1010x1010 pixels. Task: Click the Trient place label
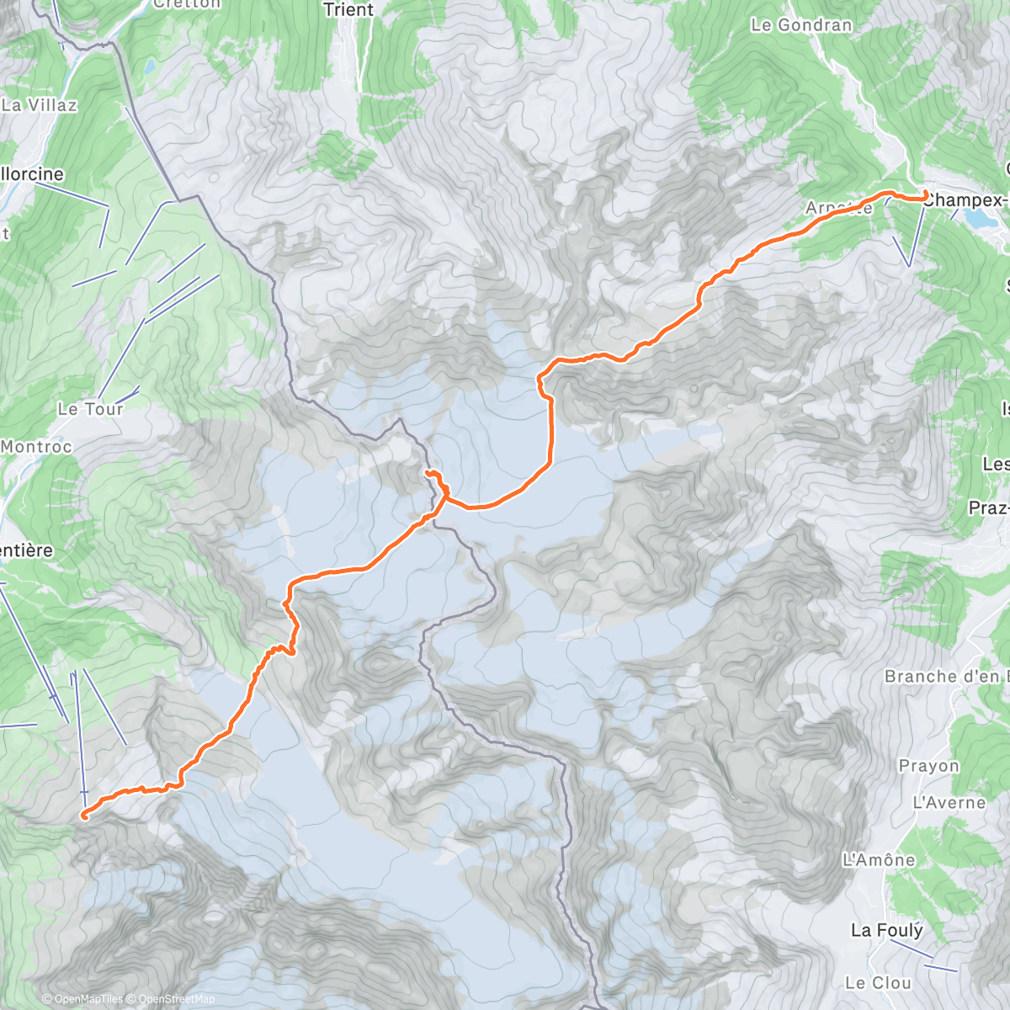pyautogui.click(x=348, y=10)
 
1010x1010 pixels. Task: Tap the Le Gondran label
pyautogui.click(x=801, y=25)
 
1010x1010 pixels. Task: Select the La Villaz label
pyautogui.click(x=40, y=105)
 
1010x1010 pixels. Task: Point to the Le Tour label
pyautogui.click(x=90, y=409)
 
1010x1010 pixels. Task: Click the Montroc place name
pyautogui.click(x=36, y=447)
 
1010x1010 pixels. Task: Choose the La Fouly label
pyautogui.click(x=886, y=930)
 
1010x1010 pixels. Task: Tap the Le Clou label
pyautogui.click(x=878, y=983)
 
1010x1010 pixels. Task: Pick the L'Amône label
pyautogui.click(x=879, y=860)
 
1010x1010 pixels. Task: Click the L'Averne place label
pyautogui.click(x=949, y=803)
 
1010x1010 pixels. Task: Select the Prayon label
pyautogui.click(x=929, y=766)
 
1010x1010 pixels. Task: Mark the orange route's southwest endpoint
pyautogui.click(x=84, y=815)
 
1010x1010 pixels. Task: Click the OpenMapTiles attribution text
pyautogui.click(x=82, y=999)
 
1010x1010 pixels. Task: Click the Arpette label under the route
pyautogui.click(x=838, y=209)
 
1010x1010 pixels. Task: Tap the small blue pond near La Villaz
pyautogui.click(x=149, y=66)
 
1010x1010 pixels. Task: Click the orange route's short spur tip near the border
pyautogui.click(x=428, y=474)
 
